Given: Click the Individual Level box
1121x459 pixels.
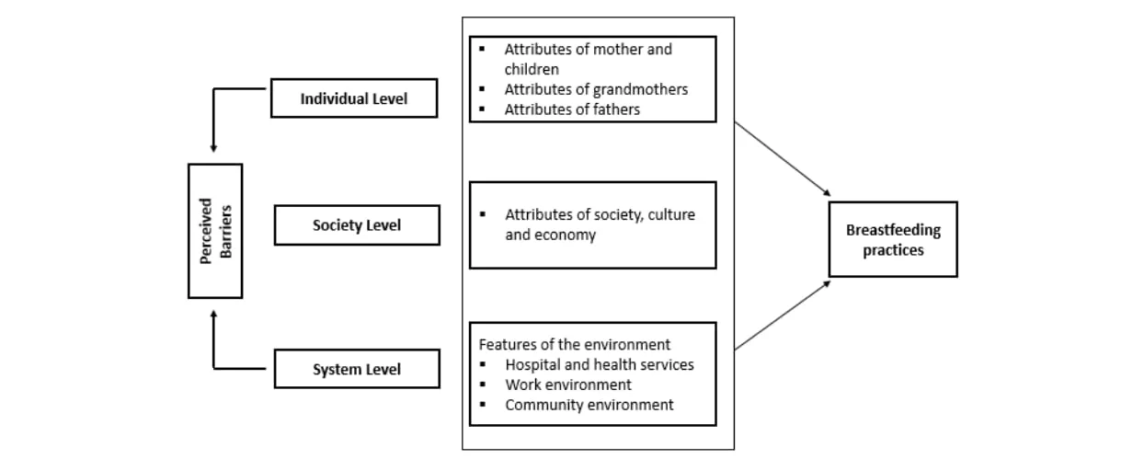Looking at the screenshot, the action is [x=354, y=98].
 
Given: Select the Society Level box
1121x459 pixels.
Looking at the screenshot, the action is [x=357, y=224].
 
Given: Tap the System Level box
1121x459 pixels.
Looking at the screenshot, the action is [x=357, y=369].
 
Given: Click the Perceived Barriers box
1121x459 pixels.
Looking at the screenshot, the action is [x=215, y=231].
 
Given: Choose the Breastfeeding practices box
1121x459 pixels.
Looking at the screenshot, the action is [x=893, y=239].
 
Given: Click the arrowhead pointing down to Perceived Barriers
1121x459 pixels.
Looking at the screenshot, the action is [x=213, y=148].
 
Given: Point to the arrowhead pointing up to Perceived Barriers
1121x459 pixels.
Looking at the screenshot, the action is [x=213, y=315].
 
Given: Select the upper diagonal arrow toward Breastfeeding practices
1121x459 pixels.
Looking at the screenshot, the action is [x=783, y=159].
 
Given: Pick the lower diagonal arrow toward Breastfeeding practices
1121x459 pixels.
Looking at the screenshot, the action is [x=783, y=315].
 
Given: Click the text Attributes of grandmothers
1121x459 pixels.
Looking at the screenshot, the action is [x=596, y=89].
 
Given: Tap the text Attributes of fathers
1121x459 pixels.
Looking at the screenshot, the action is [x=572, y=109].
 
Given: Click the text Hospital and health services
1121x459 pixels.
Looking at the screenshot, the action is [x=600, y=364].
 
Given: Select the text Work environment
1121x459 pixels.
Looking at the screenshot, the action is [x=568, y=384].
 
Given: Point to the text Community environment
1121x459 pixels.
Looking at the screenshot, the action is [x=589, y=405].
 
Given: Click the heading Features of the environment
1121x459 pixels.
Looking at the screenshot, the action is [x=574, y=344].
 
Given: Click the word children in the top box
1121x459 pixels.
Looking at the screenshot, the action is [x=532, y=69].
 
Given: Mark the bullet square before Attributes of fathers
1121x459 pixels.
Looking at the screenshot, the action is [x=482, y=109].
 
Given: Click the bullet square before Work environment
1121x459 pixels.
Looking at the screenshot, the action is [x=483, y=384].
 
